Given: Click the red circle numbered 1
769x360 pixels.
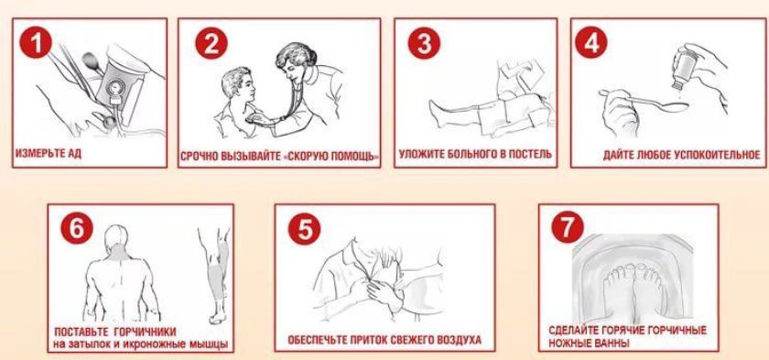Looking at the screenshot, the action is (x=36, y=43).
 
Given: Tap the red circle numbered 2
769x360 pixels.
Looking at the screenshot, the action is (x=211, y=43).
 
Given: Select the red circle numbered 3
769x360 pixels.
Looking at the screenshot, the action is (x=424, y=43).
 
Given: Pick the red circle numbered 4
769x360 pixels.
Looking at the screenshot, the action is (x=591, y=43).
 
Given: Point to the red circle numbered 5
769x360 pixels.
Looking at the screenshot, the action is (x=304, y=228).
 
